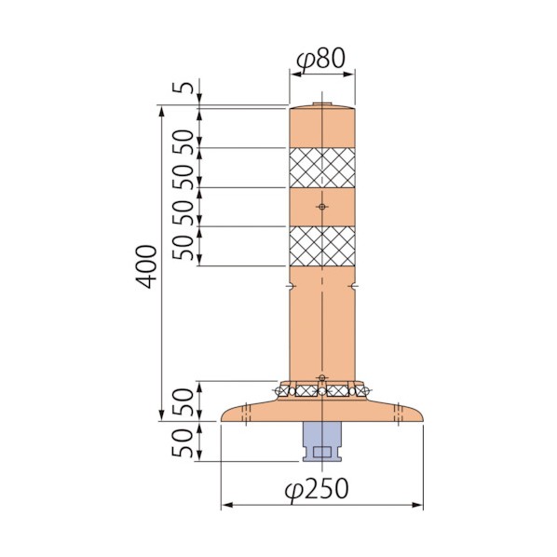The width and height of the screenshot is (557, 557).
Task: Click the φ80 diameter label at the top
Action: pyautogui.click(x=320, y=59)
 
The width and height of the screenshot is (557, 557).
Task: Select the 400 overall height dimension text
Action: pyautogui.click(x=146, y=266)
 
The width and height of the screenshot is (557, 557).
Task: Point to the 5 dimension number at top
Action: pyautogui.click(x=183, y=88)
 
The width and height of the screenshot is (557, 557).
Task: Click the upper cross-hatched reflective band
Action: pyautogui.click(x=322, y=168)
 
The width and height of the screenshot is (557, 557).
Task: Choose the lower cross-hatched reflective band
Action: pyautogui.click(x=322, y=246)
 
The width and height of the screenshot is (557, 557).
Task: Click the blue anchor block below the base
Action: pyautogui.click(x=322, y=442)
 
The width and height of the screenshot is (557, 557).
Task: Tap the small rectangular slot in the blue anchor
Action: pyautogui.click(x=322, y=452)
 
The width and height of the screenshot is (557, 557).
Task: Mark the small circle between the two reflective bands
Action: pyautogui.click(x=322, y=207)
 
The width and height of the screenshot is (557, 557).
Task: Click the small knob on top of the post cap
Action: pyautogui.click(x=322, y=104)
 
